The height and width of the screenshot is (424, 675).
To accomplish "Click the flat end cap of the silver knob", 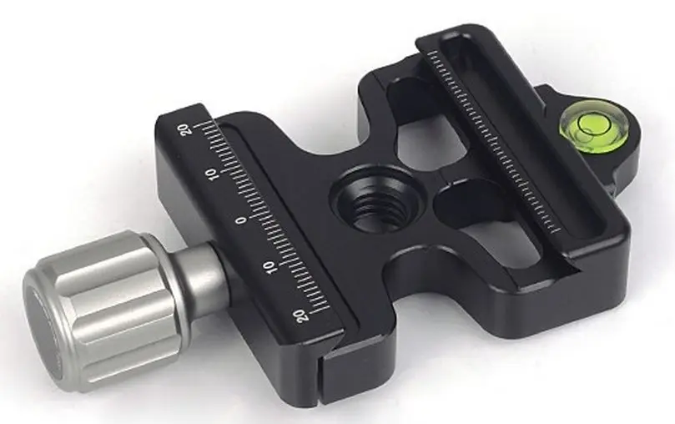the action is (x=49, y=326).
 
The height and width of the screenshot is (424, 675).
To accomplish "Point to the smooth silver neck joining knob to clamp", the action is (x=199, y=275).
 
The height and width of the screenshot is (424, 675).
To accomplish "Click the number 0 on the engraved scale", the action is (x=243, y=220).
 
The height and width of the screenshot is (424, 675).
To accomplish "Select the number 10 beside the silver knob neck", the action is (x=269, y=267).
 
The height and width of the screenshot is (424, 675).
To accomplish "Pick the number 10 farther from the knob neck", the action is (x=211, y=175).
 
